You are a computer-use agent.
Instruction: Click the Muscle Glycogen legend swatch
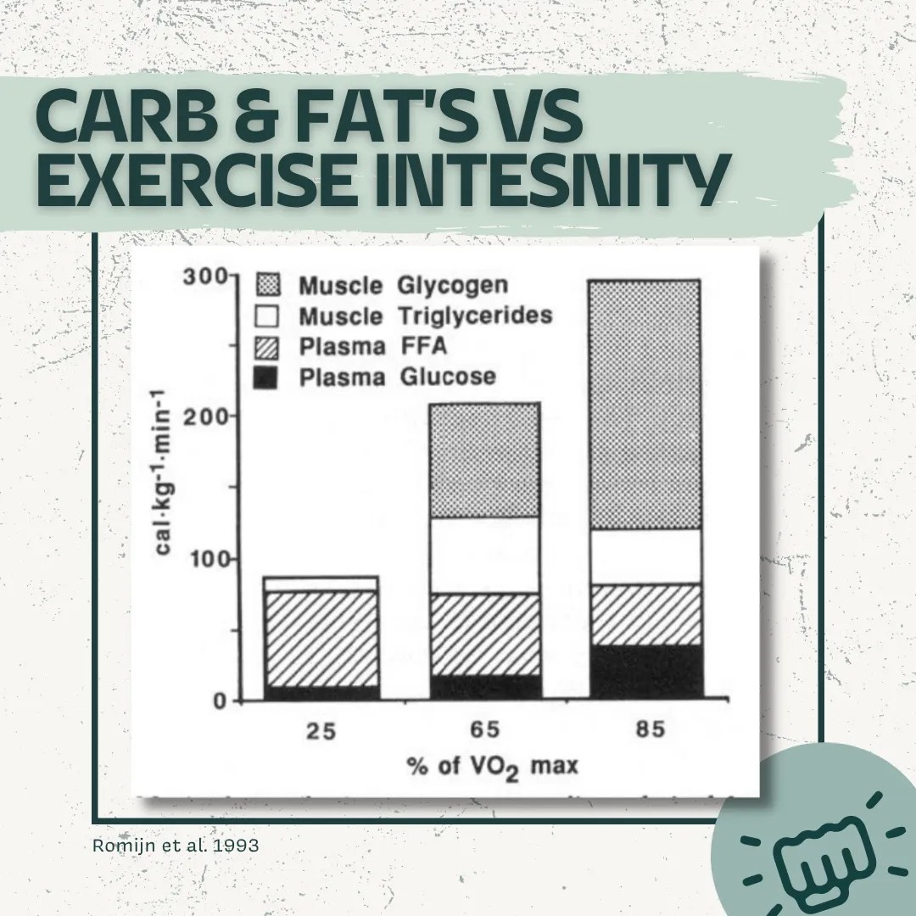(267, 285)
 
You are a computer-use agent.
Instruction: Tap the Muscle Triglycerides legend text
(424, 316)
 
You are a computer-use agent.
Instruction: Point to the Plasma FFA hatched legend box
(267, 346)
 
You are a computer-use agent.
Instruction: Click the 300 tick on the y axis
(200, 276)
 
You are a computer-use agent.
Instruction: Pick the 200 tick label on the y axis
(200, 416)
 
